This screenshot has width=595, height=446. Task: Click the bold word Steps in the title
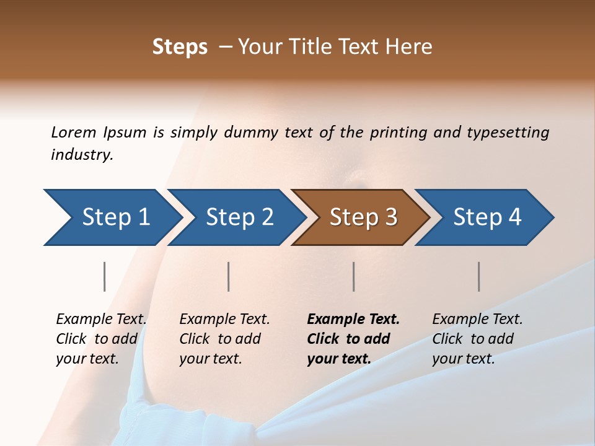point(180,47)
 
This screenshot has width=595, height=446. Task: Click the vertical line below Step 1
point(105,276)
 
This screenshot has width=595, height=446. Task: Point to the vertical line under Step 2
point(229,276)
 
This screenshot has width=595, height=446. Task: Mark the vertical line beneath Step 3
point(353,276)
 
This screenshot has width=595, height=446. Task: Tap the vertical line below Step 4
point(478,276)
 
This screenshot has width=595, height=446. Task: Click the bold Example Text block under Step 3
point(353,339)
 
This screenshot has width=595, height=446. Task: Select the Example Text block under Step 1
point(101,339)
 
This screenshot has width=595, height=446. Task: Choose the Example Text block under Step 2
point(224,339)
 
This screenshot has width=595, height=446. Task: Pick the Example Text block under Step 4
point(477,339)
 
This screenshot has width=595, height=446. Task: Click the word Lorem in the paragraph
point(74,132)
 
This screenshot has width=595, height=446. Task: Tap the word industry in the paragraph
point(82,154)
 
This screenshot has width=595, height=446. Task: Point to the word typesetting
point(508,133)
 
